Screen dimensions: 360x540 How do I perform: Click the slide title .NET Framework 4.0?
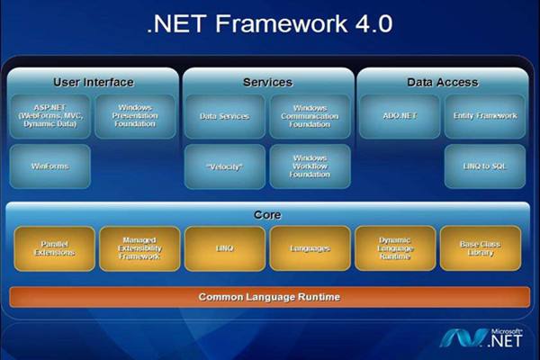269,23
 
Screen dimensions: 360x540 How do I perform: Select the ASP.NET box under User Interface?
50,116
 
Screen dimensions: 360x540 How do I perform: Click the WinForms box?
50,166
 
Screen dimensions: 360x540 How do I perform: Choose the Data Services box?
224,116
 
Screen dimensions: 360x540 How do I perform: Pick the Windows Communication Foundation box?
310,116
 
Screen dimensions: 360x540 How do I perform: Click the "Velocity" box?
224,166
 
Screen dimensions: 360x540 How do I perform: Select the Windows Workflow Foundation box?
310,166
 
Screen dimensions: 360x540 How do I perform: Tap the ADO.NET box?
399,116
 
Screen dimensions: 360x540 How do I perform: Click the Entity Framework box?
484,116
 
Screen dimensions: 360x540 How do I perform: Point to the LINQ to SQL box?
484,166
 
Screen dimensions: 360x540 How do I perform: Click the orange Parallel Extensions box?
54,248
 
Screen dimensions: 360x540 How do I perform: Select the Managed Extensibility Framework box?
139,248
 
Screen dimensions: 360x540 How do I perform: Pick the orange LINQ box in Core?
224,248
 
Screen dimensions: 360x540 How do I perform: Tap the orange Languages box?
310,248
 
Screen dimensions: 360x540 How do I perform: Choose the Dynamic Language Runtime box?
395,248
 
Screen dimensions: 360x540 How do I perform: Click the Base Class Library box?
480,248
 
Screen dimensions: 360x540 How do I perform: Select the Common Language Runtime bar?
269,296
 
